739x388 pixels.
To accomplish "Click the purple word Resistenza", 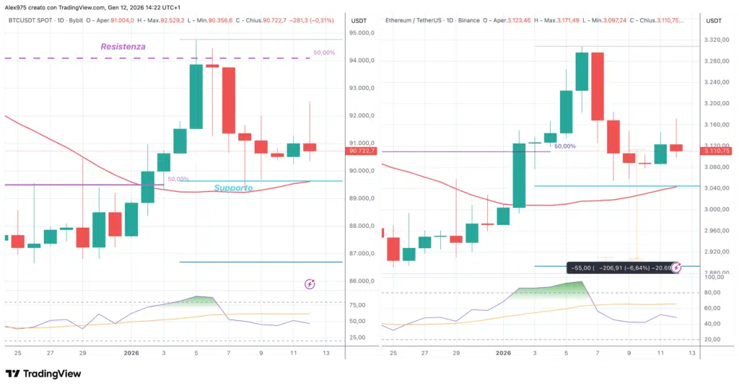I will (123, 46).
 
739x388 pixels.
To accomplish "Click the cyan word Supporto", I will (233, 188).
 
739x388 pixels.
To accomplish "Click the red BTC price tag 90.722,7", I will (362, 151).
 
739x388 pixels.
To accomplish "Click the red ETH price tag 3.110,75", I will (716, 151).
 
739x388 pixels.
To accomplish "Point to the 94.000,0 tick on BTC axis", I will (362, 61).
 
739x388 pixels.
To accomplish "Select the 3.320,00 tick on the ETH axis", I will (716, 40).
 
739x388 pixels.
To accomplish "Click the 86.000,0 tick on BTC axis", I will (362, 281).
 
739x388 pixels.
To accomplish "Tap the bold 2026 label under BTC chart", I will (131, 353).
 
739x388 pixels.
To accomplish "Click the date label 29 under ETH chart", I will (456, 353).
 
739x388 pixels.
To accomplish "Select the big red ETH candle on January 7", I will (597, 87).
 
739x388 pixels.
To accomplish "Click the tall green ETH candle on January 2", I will (519, 175).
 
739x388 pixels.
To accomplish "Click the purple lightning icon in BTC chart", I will (310, 284).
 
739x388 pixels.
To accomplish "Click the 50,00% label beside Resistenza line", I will (324, 53).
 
